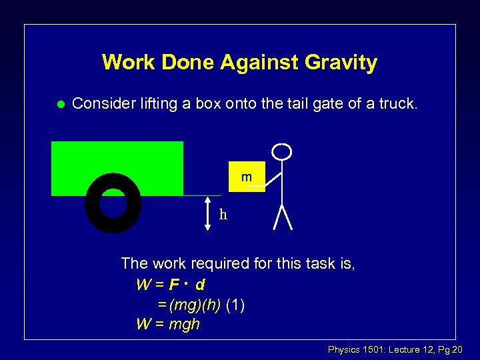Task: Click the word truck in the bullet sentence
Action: click(397, 103)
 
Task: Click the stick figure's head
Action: click(283, 151)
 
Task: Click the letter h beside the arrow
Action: click(223, 214)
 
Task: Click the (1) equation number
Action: click(235, 305)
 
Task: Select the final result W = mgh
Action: click(168, 325)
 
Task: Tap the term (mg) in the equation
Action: click(182, 305)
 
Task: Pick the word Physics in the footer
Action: click(345, 349)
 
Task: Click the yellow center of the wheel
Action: click(113, 203)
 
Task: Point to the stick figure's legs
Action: click(284, 217)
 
